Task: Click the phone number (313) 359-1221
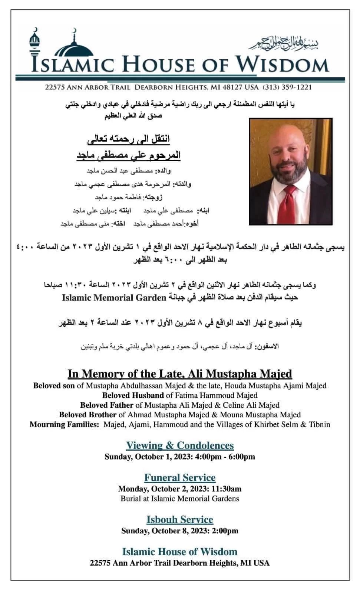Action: click(x=287, y=87)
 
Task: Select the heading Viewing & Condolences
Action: click(x=180, y=445)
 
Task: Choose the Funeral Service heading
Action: click(x=180, y=478)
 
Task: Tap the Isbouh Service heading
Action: click(x=180, y=520)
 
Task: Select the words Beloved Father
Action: click(x=106, y=405)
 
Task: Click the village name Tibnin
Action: click(x=319, y=424)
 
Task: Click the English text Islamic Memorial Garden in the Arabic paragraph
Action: click(x=114, y=297)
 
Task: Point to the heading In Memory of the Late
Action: click(x=126, y=374)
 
